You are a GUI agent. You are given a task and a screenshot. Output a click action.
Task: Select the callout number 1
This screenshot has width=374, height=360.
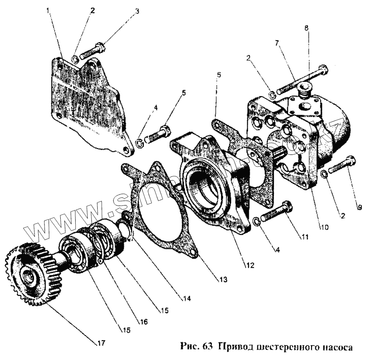(x=49, y=10)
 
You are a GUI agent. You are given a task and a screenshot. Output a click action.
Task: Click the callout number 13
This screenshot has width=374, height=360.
(x=224, y=280)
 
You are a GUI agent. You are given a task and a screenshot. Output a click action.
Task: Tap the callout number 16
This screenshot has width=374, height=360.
(x=143, y=321)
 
